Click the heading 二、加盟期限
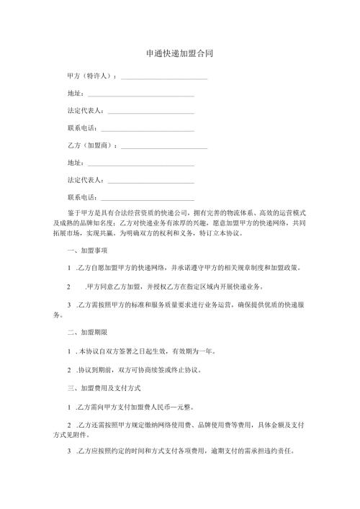[86, 334]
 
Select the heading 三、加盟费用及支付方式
[102, 389]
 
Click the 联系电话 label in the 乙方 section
[80, 198]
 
